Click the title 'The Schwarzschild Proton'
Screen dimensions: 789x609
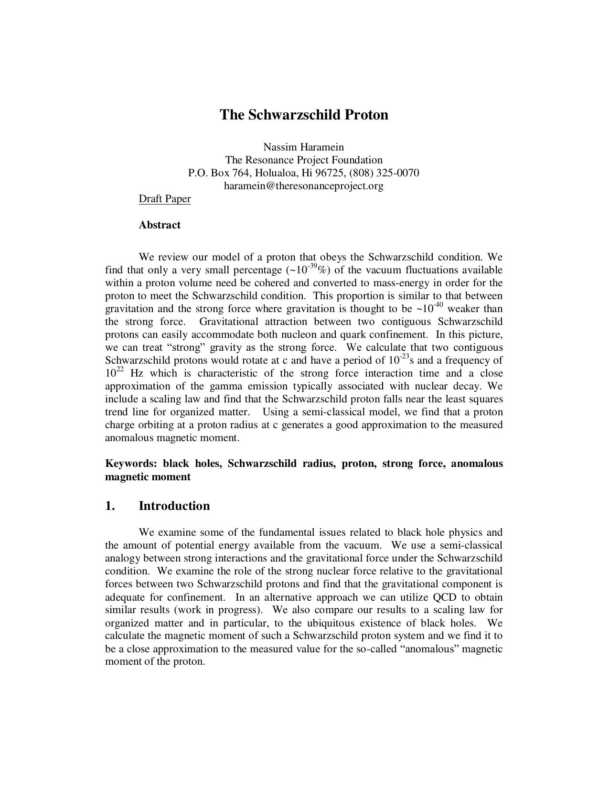(304, 115)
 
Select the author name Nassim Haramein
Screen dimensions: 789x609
(304, 147)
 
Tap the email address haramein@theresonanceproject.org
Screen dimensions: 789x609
(304, 185)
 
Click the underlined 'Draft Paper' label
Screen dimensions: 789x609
(165, 199)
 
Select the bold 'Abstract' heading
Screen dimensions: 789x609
(160, 225)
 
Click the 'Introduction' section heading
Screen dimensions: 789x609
(174, 506)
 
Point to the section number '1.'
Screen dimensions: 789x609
(110, 506)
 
